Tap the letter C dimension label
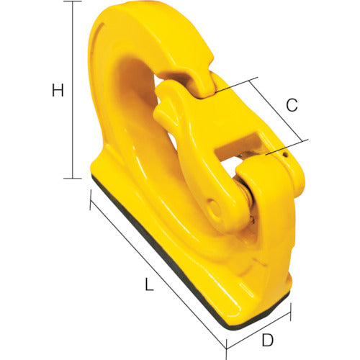click(292, 105)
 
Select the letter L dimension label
click(149, 285)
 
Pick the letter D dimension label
click(267, 339)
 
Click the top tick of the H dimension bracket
click(72, 4)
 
